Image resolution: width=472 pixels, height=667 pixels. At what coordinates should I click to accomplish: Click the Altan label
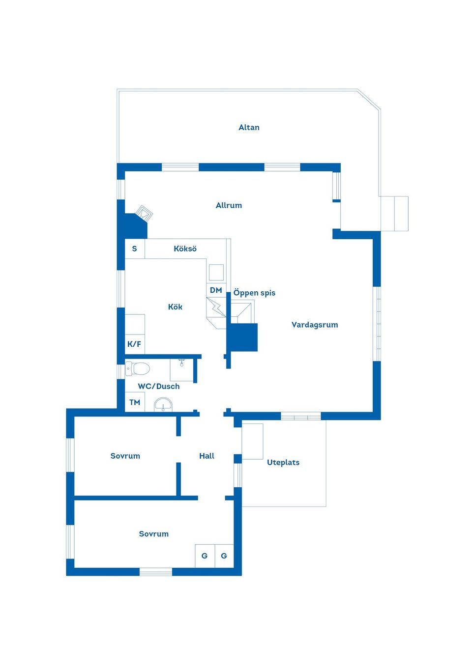coord(249,127)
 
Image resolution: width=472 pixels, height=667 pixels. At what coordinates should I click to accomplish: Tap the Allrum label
coord(229,205)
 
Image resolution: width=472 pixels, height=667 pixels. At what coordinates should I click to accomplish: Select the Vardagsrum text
coord(315,325)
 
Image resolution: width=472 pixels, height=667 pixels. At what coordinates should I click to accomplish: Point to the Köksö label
coord(185,249)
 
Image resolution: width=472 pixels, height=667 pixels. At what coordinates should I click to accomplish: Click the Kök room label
coord(175,306)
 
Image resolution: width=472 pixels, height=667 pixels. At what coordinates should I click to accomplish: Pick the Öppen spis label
coord(254,293)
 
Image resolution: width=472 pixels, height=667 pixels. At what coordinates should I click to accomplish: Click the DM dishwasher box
coord(216,290)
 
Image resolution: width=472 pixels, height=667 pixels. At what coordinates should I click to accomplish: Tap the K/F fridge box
coord(135,344)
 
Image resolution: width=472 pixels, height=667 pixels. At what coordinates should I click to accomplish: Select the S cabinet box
coord(135,249)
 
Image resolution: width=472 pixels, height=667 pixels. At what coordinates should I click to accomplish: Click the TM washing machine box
coord(135,402)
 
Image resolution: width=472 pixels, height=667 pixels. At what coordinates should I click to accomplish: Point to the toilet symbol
coord(137,369)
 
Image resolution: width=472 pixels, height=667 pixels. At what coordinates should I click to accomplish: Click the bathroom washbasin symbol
coord(163,405)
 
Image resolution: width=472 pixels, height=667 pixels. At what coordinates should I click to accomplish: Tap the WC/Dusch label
coord(158,386)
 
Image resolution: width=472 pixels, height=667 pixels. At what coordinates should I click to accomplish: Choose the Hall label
coord(207,456)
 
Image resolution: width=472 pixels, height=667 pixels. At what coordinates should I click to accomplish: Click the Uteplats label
coord(283,463)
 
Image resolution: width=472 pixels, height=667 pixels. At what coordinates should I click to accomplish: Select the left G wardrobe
coord(205,556)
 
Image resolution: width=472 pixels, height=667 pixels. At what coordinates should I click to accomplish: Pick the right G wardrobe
coord(224,556)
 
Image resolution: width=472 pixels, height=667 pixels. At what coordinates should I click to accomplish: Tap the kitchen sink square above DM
coord(216,273)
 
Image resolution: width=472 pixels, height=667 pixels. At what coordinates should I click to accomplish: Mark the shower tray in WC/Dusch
coord(181,370)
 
